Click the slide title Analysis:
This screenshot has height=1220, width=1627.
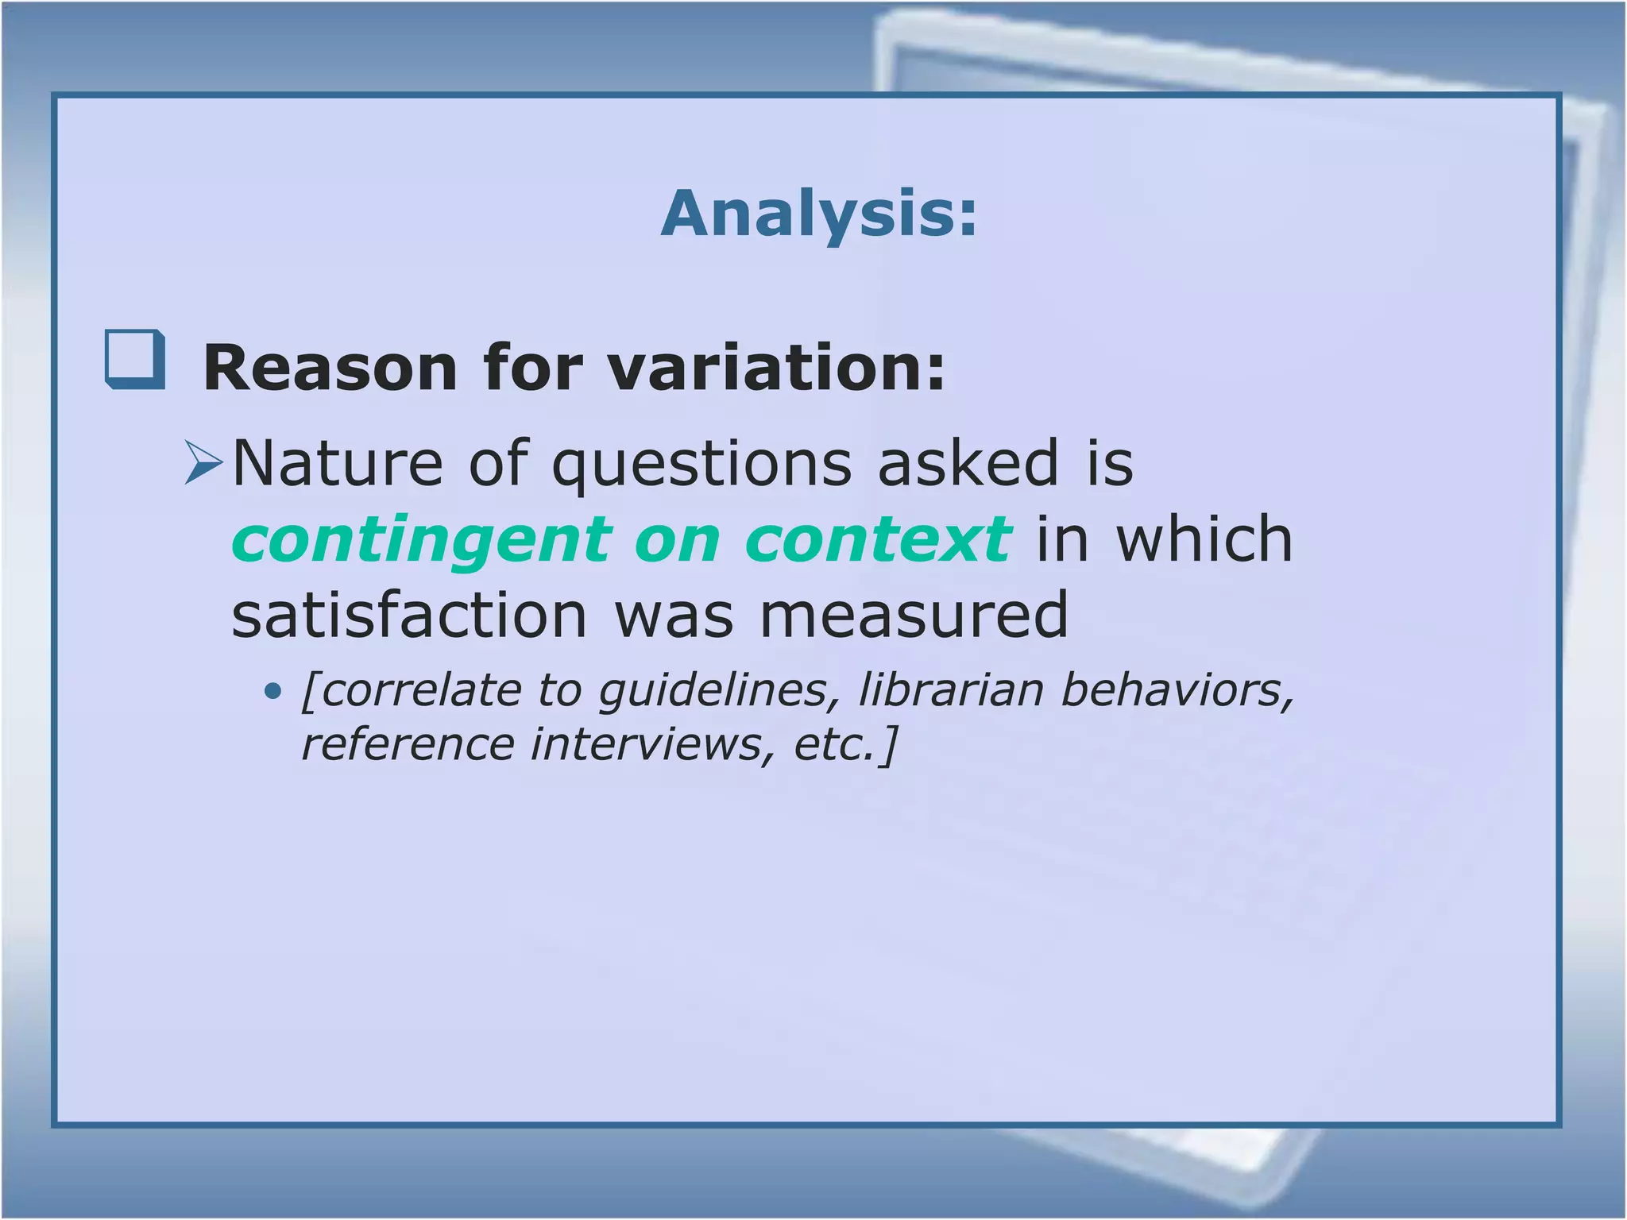point(818,214)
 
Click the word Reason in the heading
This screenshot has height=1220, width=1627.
point(330,368)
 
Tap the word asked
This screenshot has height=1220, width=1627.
point(968,464)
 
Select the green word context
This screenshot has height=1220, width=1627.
point(878,540)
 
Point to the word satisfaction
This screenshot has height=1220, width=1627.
point(409,616)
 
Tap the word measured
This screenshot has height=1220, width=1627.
point(914,616)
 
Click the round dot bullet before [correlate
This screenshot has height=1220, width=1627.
point(272,692)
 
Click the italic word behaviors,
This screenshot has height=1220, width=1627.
point(1177,689)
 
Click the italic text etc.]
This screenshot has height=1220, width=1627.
point(845,745)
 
